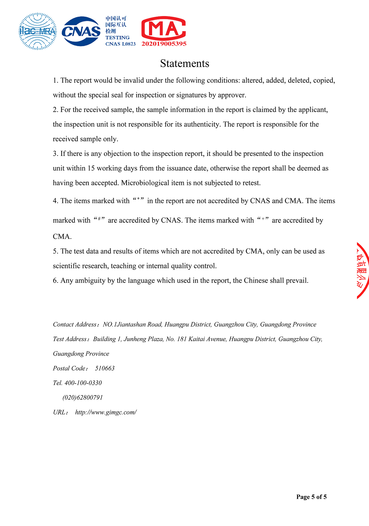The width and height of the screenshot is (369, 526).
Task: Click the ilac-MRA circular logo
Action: [38, 31]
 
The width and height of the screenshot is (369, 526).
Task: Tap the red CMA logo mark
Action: [164, 29]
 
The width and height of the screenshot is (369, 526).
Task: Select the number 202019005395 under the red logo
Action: [164, 44]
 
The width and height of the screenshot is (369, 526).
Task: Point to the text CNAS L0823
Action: [121, 44]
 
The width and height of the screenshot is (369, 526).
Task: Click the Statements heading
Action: [185, 63]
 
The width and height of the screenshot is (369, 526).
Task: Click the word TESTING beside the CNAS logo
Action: [117, 38]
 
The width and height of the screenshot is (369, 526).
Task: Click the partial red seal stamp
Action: [363, 271]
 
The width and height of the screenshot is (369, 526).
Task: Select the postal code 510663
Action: [105, 368]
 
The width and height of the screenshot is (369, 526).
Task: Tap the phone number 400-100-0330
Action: [83, 383]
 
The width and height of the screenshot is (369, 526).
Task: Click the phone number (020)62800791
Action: [82, 398]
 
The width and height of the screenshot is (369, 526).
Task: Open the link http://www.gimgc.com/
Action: [106, 412]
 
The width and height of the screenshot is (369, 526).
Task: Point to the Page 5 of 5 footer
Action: [311, 497]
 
